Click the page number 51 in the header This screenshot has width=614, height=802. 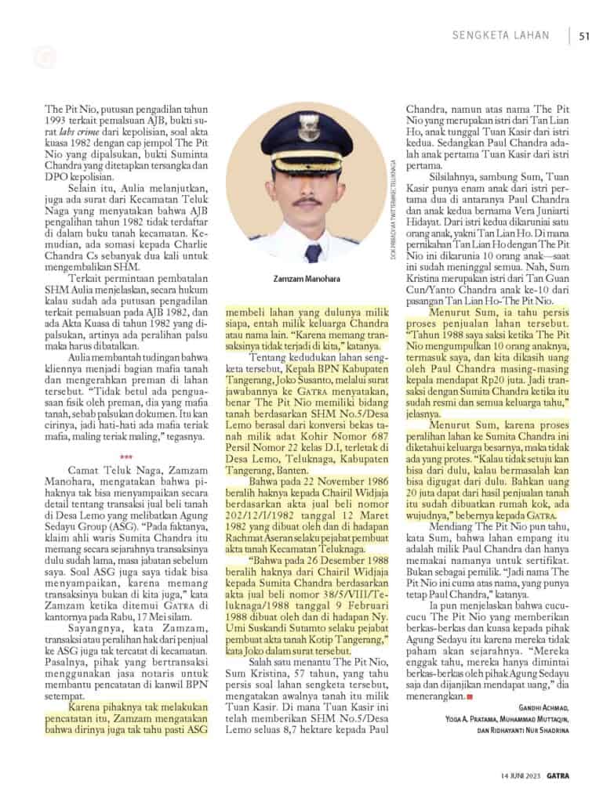tap(584, 35)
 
